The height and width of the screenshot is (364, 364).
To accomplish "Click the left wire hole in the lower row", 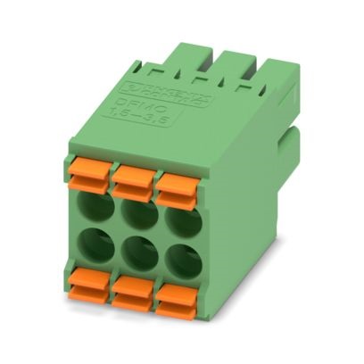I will (x=95, y=247).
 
